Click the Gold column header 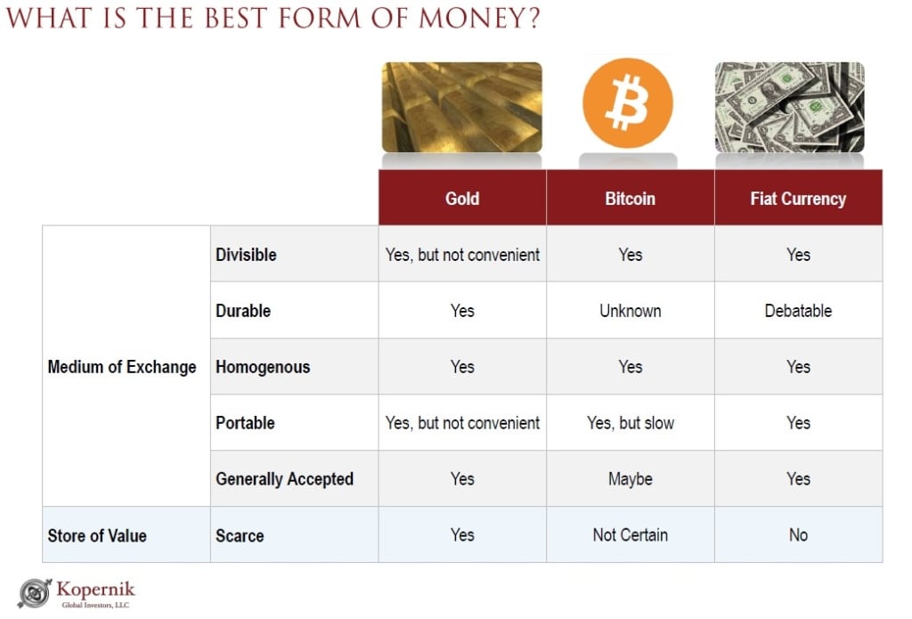pos(462,199)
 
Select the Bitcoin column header pos(630,199)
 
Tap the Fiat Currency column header pos(798,199)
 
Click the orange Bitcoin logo pos(628,102)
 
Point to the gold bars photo pos(462,107)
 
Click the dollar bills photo pos(789,107)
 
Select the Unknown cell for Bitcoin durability pos(630,311)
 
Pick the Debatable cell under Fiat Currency pos(798,311)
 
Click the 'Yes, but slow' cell pos(630,423)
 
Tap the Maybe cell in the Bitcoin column pos(630,479)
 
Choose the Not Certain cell pos(630,534)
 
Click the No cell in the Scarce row pos(798,534)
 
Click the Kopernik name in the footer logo pos(95,590)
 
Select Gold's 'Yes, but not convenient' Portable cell pos(462,423)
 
